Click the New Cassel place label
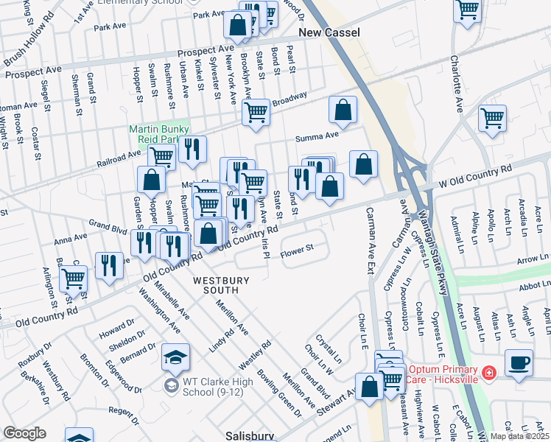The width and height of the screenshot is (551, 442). [x=329, y=33]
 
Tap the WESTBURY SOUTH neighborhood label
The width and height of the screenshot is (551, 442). [x=222, y=286]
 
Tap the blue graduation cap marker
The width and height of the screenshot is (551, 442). [x=175, y=358]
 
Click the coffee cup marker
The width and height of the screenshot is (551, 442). [x=519, y=363]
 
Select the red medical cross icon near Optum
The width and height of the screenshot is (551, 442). [x=487, y=375]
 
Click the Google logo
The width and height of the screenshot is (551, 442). [x=24, y=433]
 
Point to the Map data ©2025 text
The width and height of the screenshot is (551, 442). [x=520, y=436]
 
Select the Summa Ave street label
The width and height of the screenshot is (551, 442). [x=317, y=137]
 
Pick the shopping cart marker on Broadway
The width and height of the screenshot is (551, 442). [x=256, y=113]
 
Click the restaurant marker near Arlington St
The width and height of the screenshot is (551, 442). [x=109, y=266]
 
